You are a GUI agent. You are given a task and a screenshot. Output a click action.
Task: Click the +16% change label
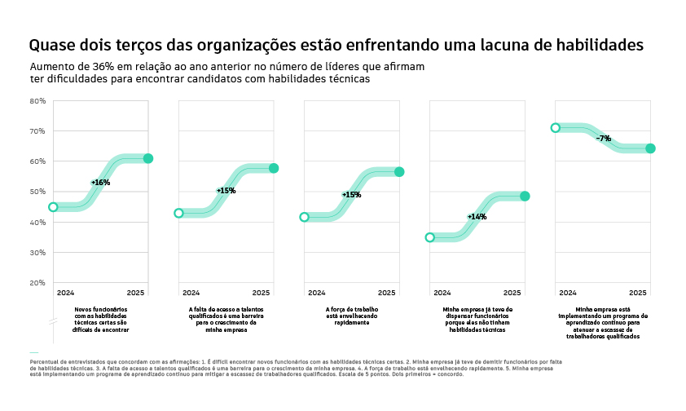click(x=101, y=183)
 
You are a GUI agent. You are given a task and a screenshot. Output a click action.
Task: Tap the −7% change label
click(x=604, y=139)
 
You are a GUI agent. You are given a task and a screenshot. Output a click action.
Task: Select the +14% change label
click(x=477, y=217)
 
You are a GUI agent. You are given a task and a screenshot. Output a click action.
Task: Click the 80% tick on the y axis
click(x=37, y=101)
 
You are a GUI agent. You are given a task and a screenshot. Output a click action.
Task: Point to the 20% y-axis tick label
click(x=37, y=283)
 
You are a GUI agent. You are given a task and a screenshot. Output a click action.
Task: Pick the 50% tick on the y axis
click(x=37, y=192)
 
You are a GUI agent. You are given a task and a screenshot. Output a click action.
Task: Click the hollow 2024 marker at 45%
click(x=53, y=207)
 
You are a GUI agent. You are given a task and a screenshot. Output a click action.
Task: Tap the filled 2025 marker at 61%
click(x=148, y=158)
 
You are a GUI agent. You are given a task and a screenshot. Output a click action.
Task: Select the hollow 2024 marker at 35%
click(x=430, y=237)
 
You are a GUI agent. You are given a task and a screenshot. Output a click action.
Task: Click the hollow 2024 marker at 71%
click(x=556, y=128)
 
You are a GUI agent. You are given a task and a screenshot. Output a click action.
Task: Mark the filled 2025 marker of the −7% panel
click(x=650, y=148)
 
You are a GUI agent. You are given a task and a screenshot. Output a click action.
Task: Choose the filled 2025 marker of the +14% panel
click(x=525, y=197)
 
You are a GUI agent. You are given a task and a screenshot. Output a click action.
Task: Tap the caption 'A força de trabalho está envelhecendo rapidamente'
click(x=352, y=316)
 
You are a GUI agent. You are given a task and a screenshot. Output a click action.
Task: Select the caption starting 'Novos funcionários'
click(x=101, y=320)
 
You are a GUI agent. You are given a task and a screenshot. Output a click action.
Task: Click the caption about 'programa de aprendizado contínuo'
click(x=603, y=323)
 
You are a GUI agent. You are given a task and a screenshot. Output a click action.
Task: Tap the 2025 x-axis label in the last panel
click(x=638, y=292)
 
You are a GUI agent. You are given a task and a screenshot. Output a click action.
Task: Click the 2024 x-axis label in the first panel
click(x=65, y=292)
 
